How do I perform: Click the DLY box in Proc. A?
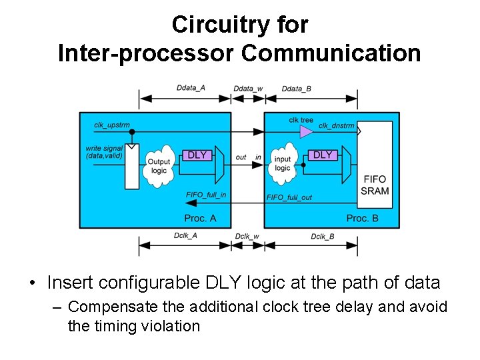tap(197, 155)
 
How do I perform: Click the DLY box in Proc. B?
tap(323, 155)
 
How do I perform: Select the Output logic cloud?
tap(159, 164)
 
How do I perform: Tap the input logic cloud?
tap(283, 163)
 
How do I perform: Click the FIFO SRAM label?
tap(374, 185)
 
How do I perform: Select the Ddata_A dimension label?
tap(191, 88)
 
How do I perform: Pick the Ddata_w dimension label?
tap(248, 89)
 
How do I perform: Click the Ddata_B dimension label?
tap(297, 89)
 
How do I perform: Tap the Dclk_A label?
tap(185, 236)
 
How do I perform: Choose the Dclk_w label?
tap(248, 236)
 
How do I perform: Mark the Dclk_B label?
tap(323, 236)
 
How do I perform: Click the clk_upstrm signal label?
tap(112, 125)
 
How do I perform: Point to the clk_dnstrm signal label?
tap(336, 125)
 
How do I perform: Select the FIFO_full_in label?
tap(206, 195)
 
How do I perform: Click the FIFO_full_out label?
tap(289, 197)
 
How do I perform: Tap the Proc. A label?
tap(200, 218)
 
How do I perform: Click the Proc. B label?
tap(363, 218)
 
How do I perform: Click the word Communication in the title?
tap(331, 53)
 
